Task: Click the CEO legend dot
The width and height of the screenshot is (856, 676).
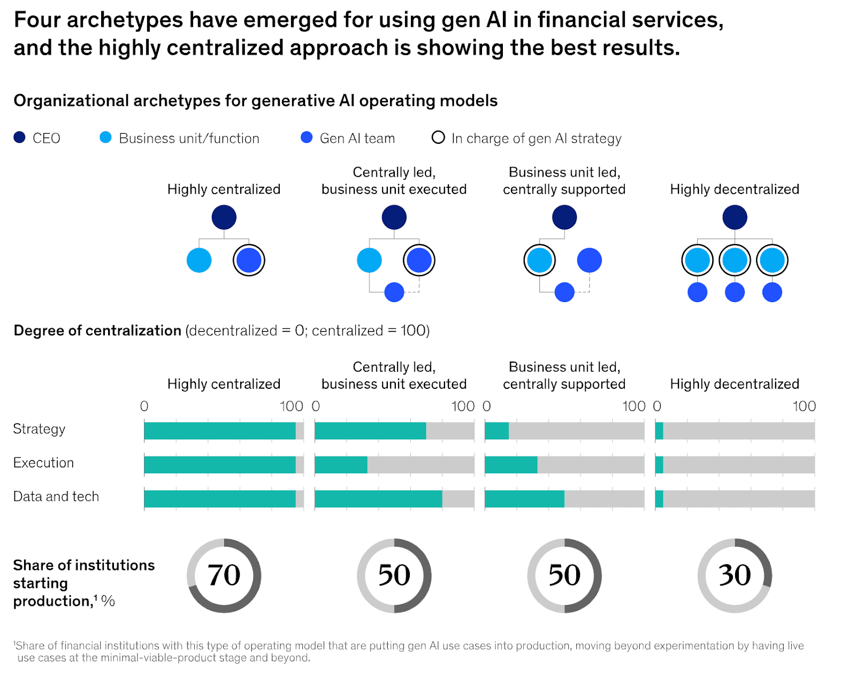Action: pyautogui.click(x=19, y=137)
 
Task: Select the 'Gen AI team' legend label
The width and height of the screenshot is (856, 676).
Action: pyautogui.click(x=357, y=139)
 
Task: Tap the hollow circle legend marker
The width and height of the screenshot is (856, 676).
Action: pyautogui.click(x=438, y=137)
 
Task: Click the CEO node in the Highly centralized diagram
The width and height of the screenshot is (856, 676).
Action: pyautogui.click(x=224, y=217)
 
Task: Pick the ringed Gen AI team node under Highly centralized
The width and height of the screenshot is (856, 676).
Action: pyautogui.click(x=249, y=260)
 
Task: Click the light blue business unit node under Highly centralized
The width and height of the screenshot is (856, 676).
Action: pyautogui.click(x=199, y=260)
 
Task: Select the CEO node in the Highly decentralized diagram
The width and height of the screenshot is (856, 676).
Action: pyautogui.click(x=735, y=217)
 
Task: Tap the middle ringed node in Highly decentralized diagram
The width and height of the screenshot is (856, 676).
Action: pyautogui.click(x=735, y=260)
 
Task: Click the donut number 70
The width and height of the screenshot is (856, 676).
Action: pyautogui.click(x=224, y=575)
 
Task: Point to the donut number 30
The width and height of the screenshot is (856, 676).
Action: pyautogui.click(x=735, y=575)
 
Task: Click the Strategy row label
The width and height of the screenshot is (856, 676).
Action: pyautogui.click(x=39, y=429)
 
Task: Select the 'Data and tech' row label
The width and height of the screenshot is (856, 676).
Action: pyautogui.click(x=56, y=496)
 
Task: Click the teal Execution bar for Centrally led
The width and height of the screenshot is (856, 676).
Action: pyautogui.click(x=341, y=465)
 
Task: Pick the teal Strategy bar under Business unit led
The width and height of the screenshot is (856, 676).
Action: pyautogui.click(x=496, y=431)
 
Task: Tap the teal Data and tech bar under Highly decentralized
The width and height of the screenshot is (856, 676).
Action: pyautogui.click(x=659, y=498)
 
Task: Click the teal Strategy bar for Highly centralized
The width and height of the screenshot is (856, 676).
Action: pyautogui.click(x=219, y=431)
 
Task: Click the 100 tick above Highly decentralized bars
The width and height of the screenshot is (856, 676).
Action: pyautogui.click(x=804, y=406)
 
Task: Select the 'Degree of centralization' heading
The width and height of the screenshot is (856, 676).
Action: pyautogui.click(x=97, y=331)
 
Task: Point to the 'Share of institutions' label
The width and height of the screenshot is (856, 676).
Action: pyautogui.click(x=83, y=565)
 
